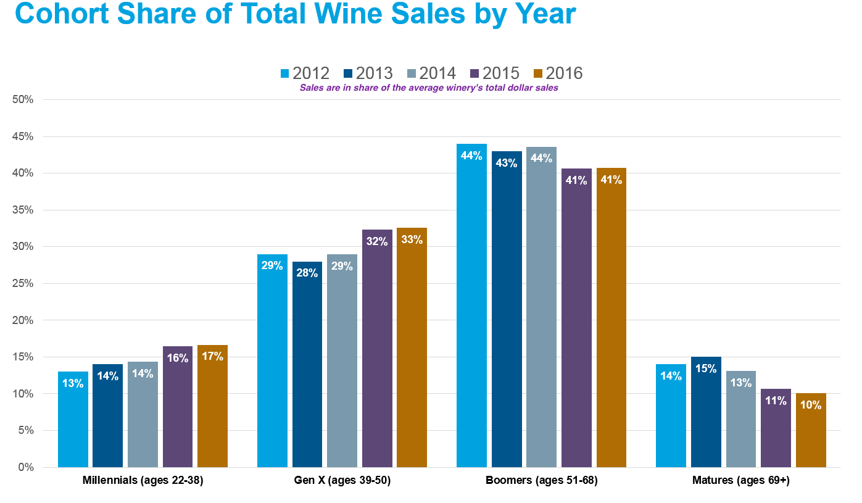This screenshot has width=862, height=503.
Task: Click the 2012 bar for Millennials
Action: pos(73,420)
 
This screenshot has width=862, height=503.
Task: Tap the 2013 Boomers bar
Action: pos(507,309)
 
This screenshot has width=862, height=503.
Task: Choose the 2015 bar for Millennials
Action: pos(178,407)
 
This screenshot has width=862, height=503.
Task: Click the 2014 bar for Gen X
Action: pos(342,361)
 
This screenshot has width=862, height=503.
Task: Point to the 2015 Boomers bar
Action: pos(576,318)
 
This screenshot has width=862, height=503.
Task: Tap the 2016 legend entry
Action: pos(558,73)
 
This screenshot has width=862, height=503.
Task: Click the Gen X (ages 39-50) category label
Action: pos(342,480)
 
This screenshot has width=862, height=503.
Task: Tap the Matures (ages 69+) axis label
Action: pos(741,480)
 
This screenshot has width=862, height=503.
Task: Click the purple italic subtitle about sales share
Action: pos(429,88)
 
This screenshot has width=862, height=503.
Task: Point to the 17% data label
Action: pos(212,356)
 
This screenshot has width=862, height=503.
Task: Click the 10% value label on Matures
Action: pos(811,405)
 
